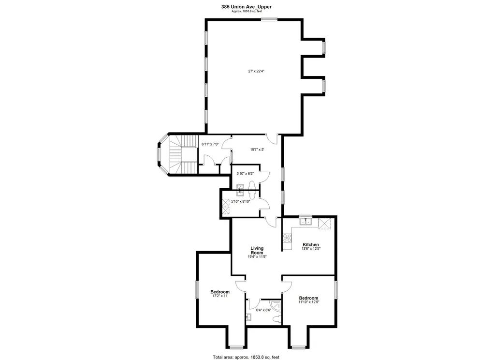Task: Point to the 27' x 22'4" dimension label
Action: point(256,71)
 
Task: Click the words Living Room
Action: point(257,250)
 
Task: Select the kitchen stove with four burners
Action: point(287,238)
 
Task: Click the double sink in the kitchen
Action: point(306,222)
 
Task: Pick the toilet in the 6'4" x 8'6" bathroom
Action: point(276,319)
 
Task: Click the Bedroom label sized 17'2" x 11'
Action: point(219,292)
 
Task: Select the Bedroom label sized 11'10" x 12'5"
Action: point(308,298)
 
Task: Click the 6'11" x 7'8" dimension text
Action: point(210,144)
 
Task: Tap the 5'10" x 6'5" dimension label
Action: point(244,173)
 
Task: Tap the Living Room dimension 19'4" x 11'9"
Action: point(257,257)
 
